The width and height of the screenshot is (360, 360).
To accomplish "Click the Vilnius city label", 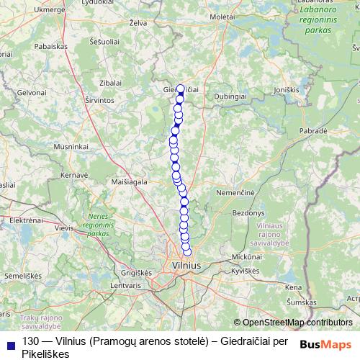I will [187, 266].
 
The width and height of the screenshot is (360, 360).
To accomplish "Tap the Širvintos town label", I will [99, 102].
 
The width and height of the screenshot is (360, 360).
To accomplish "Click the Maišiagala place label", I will [129, 183].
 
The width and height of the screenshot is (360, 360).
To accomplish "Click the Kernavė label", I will [73, 175].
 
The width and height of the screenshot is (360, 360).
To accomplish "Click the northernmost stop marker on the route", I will [181, 90].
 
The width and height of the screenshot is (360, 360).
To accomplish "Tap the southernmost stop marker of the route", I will [188, 252].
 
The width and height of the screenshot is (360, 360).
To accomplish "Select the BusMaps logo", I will [325, 343].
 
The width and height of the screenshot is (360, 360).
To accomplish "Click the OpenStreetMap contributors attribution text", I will [297, 323].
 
